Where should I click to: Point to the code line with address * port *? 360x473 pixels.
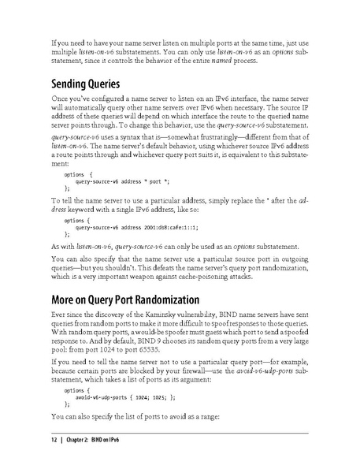click(x=121, y=181)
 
